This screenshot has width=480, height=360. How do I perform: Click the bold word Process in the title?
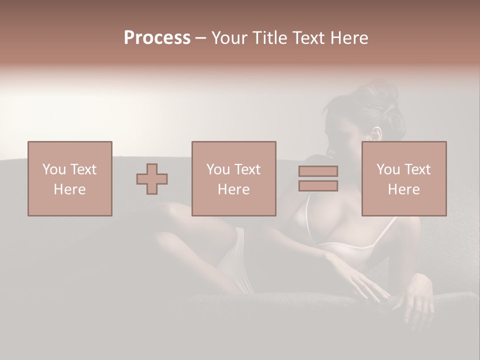pos(157,38)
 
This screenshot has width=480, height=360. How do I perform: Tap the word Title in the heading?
pos(269,38)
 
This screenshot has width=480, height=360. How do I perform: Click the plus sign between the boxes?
pos(152,178)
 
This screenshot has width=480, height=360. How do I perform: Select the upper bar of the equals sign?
pos(318,171)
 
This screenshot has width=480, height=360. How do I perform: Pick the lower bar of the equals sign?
pos(318,186)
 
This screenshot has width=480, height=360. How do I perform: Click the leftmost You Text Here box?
pos(70,178)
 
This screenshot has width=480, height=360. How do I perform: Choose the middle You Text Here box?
pos(233,178)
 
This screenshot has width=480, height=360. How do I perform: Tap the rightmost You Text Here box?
pos(403,178)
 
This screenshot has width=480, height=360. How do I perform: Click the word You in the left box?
pos(54,169)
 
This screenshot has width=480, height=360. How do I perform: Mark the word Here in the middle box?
pos(233,189)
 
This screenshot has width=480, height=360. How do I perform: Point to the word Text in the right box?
pos(416,169)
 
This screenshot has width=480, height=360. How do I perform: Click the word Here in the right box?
pos(403,189)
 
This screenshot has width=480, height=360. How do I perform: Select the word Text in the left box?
pos(83,169)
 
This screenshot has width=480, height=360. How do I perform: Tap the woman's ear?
pos(376,134)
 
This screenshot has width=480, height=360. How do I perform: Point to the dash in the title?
pos(200,38)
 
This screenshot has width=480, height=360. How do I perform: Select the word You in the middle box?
pos(218,169)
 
